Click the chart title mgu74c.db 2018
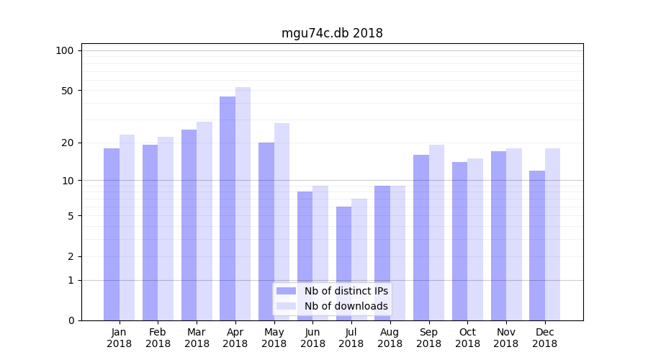point(332,34)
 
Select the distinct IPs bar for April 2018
point(228,209)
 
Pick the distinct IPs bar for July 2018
point(343,264)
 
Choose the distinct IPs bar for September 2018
point(421,238)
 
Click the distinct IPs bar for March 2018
point(189,225)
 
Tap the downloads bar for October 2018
point(475,239)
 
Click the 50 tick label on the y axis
point(68,91)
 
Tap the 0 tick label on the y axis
point(71,320)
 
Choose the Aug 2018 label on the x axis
point(390,338)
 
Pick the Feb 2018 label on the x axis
point(158,338)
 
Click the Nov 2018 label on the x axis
point(506,338)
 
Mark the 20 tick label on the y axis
point(68,143)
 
